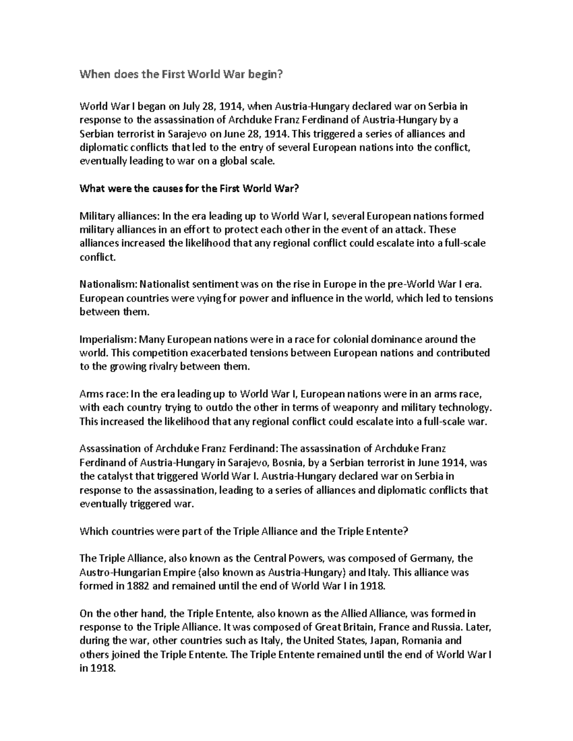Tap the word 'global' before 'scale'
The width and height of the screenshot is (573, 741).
pyautogui.click(x=237, y=161)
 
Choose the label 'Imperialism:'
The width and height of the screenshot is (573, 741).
pyautogui.click(x=108, y=340)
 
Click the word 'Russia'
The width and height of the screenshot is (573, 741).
pyautogui.click(x=446, y=627)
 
